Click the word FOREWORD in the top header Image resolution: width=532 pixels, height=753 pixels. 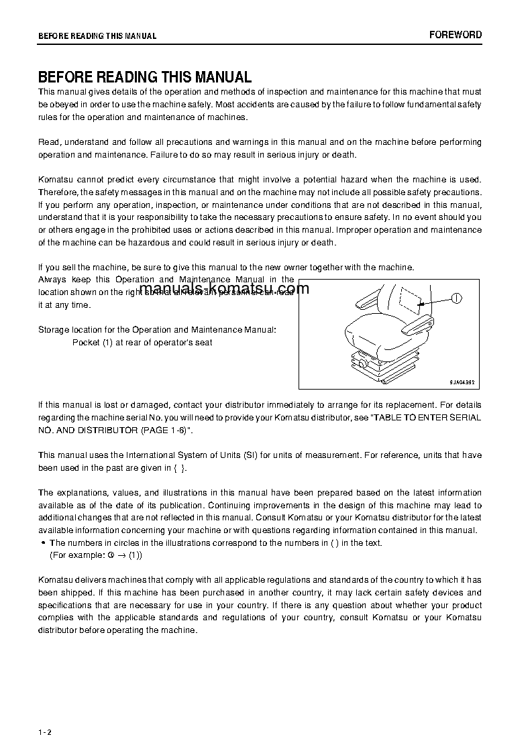pos(456,35)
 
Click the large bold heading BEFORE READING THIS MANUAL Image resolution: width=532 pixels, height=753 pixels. pos(145,77)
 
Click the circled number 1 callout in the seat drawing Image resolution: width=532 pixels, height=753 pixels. pos(456,298)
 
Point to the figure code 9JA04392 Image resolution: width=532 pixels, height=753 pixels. pos(462,381)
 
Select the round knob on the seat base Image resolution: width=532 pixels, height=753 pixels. pos(364,362)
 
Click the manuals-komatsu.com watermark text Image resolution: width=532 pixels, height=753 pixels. pos(225,289)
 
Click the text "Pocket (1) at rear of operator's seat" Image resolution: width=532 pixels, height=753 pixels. pos(142,343)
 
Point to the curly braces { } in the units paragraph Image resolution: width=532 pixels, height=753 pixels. pos(178,468)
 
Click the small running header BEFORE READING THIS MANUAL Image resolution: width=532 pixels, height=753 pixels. pos(97,36)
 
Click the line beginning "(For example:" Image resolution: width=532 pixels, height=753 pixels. pos(96,555)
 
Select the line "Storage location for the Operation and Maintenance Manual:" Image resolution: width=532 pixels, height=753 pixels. pos(156,330)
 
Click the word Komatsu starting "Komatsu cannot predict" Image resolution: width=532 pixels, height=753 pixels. pos(56,180)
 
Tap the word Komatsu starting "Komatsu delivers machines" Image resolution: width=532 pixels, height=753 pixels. pos(56,580)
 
